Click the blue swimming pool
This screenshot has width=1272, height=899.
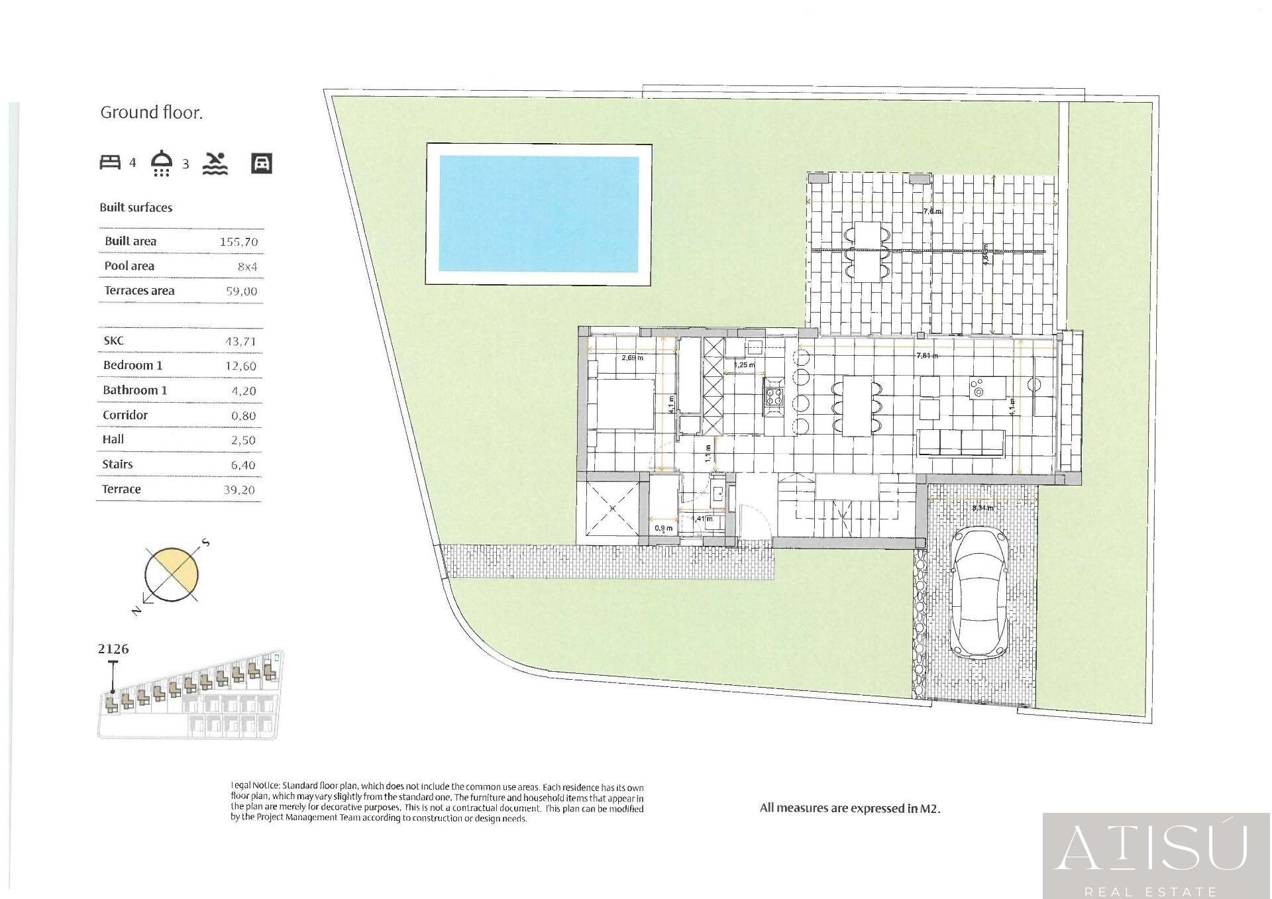[x=539, y=213]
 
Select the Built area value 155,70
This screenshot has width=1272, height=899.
[x=238, y=242]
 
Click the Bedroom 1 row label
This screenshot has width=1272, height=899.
[x=132, y=366]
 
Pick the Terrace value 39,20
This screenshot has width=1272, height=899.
[x=239, y=490]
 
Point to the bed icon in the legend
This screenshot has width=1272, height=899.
[x=110, y=162]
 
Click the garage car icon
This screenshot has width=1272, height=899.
[x=262, y=163]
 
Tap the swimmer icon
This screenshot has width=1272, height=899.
[x=215, y=164]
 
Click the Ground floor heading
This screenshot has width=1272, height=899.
[x=151, y=113]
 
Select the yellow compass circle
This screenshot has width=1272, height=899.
[x=172, y=574]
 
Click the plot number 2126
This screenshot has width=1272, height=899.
[x=113, y=649]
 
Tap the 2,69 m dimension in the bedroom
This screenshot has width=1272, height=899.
[x=632, y=358]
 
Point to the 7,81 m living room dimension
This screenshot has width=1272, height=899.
[x=927, y=356]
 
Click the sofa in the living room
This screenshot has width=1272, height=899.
[x=961, y=443]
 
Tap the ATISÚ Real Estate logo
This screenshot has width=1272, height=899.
[x=1156, y=855]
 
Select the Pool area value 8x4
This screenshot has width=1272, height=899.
[x=247, y=267]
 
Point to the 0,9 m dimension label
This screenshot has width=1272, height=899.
[x=663, y=528]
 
